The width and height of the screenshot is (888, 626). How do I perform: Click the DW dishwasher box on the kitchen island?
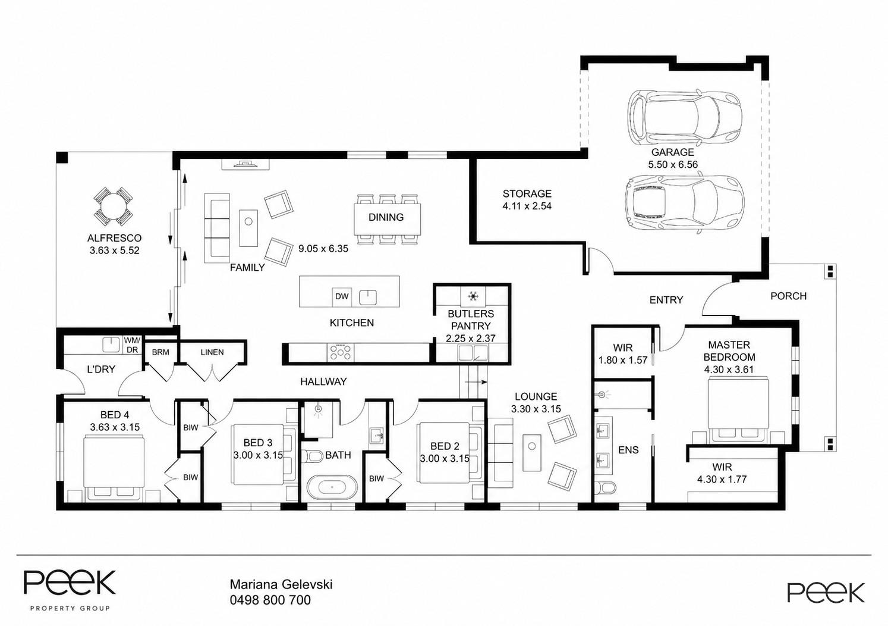[341, 296]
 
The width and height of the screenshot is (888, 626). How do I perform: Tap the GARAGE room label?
[673, 152]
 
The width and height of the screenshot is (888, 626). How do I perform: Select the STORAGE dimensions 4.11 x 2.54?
[527, 206]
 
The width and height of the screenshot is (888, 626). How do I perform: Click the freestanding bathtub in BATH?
[332, 487]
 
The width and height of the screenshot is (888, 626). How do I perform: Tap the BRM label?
[160, 352]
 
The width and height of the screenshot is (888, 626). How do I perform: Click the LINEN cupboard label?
[212, 352]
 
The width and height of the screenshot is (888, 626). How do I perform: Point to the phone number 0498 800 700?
[270, 600]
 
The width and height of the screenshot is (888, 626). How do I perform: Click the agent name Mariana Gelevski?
[281, 584]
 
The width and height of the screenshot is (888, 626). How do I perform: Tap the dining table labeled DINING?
[388, 218]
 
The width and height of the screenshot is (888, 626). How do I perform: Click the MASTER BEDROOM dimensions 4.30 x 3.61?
[729, 370]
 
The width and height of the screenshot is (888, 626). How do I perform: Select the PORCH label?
[789, 296]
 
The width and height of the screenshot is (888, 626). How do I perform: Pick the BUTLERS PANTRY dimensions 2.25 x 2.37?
[471, 339]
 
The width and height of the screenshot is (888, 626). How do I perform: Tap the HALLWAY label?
[323, 381]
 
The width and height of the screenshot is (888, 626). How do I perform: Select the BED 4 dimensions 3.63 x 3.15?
[115, 427]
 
